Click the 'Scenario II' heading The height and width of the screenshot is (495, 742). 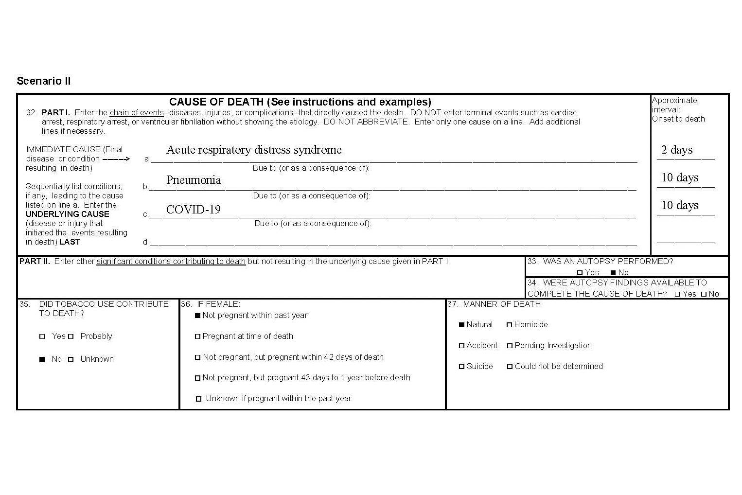(x=44, y=81)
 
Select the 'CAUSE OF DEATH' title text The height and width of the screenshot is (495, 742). (x=300, y=102)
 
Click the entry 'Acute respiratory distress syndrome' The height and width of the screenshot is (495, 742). (x=254, y=150)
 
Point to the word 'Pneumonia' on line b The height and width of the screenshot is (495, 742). (x=194, y=180)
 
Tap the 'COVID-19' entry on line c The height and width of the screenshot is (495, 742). (x=193, y=210)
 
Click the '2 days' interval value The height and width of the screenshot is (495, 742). (x=676, y=150)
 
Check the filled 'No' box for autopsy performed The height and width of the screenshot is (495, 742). (x=613, y=273)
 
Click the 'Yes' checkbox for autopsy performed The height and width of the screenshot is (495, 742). (x=580, y=273)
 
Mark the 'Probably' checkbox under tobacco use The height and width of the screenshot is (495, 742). (x=71, y=336)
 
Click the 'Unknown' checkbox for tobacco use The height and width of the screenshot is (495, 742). (x=71, y=359)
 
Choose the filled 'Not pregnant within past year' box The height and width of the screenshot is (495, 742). (x=197, y=316)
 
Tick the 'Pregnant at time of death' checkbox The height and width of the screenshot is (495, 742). (x=197, y=336)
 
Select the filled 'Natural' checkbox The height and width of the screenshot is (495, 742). (x=461, y=325)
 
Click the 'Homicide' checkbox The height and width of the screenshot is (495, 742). (x=509, y=325)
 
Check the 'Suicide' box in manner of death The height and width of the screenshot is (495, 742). (x=461, y=367)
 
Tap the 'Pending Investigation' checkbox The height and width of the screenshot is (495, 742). (x=510, y=346)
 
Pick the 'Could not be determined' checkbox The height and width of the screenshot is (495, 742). (x=510, y=367)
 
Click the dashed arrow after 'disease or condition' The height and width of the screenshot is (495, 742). (x=116, y=159)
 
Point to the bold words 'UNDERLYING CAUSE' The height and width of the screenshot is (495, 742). (x=67, y=214)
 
